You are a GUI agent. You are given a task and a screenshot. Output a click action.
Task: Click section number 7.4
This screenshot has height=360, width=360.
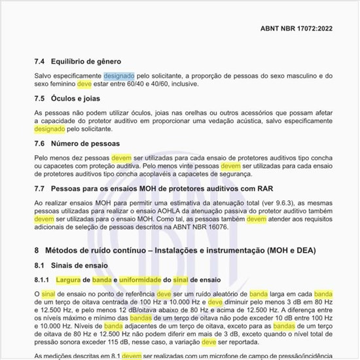(x=39, y=62)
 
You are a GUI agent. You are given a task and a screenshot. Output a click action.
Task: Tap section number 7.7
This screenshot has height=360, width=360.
(x=39, y=189)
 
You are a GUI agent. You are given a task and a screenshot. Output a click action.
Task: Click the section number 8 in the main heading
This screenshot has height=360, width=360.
(x=37, y=251)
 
